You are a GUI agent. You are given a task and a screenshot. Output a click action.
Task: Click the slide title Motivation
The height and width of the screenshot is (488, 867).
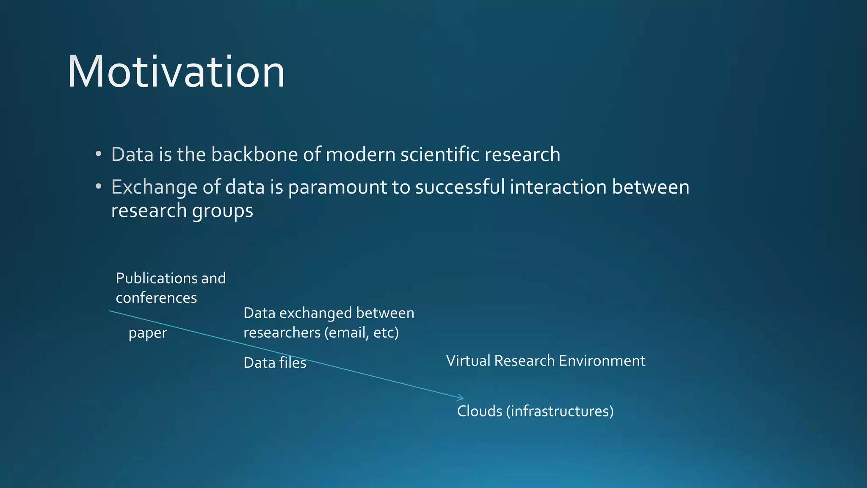176,72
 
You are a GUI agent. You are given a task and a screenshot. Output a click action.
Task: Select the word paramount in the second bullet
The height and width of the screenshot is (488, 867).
337,187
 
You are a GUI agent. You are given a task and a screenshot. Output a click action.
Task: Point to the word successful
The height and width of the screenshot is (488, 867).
460,187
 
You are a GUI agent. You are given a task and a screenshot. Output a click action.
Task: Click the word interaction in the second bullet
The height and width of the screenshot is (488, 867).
558,187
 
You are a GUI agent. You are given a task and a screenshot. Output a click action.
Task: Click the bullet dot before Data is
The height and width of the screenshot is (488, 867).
98,154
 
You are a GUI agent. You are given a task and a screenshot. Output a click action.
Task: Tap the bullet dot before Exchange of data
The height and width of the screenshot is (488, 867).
98,187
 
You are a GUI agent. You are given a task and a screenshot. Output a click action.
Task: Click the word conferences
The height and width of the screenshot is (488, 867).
156,298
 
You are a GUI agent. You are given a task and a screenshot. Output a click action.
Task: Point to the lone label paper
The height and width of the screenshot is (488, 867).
148,333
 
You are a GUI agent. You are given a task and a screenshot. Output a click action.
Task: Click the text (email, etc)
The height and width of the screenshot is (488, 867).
362,333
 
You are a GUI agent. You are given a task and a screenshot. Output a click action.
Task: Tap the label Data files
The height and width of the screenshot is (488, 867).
275,363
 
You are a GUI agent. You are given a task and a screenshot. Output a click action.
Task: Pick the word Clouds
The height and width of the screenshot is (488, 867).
479,411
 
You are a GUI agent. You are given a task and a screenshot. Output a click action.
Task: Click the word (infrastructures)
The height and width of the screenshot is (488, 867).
560,411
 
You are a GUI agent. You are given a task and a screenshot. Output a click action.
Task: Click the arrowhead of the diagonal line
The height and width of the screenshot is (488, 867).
461,398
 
